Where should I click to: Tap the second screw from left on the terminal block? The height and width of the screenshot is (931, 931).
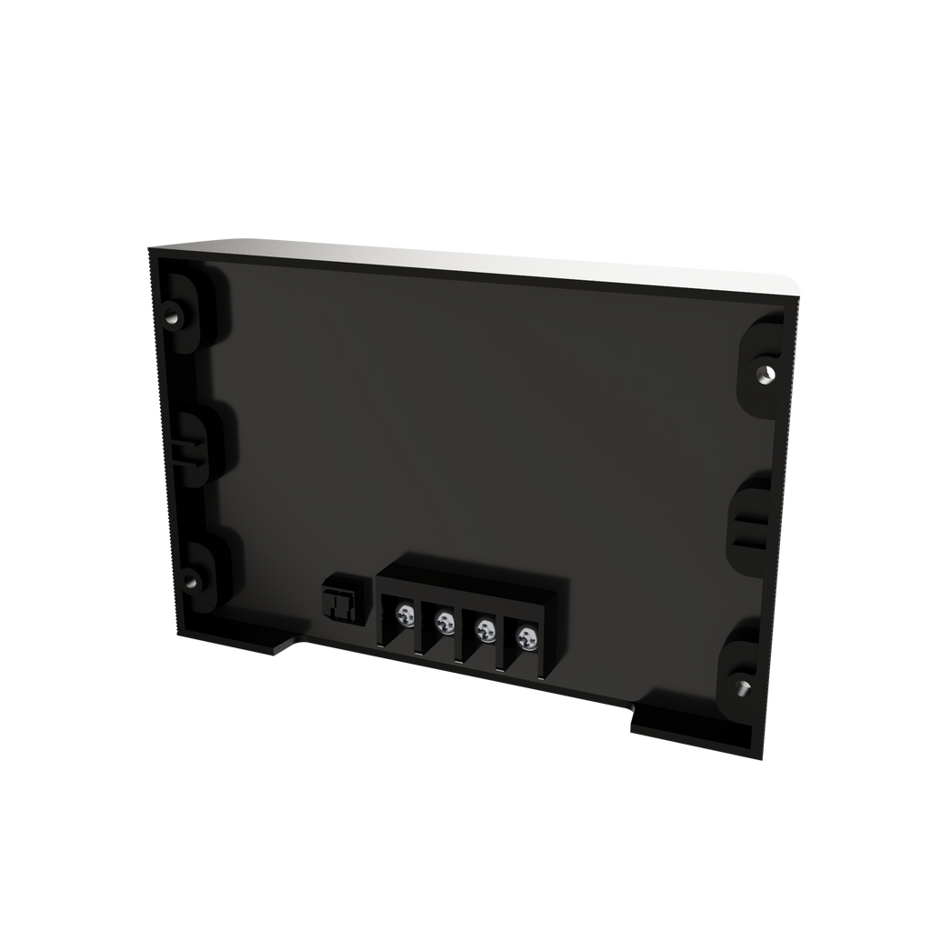(445, 623)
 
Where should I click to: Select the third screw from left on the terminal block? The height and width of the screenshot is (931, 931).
(485, 628)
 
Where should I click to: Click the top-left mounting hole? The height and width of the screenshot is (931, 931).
(172, 317)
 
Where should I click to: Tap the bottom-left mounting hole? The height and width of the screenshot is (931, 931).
(190, 578)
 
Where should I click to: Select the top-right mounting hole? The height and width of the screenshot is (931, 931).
(764, 373)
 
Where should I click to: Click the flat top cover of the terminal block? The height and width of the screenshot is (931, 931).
(467, 586)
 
